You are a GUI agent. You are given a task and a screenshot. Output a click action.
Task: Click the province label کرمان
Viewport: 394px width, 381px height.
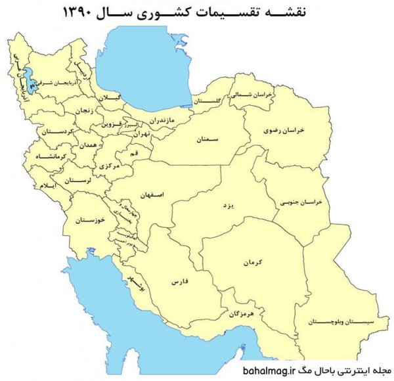252,263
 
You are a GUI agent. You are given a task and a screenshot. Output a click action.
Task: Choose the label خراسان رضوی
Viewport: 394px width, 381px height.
292,130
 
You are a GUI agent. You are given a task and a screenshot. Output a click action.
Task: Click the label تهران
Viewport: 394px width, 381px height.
141,134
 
